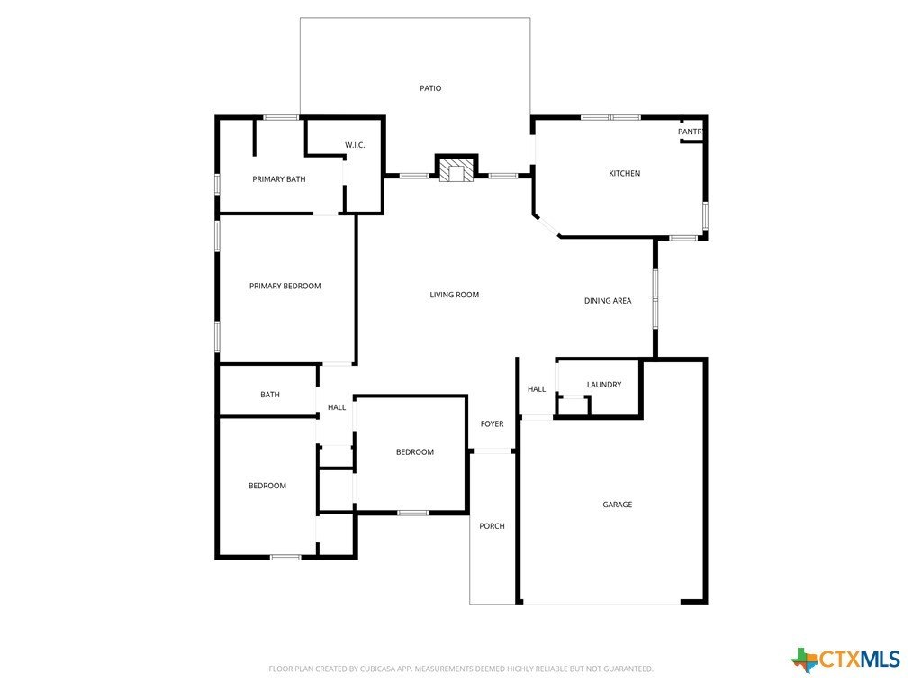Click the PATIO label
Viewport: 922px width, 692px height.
point(430,88)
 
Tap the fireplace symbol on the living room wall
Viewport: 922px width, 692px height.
point(456,170)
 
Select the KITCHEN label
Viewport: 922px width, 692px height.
point(624,173)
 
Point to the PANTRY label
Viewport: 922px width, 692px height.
point(690,132)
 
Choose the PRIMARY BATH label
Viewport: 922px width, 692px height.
point(278,179)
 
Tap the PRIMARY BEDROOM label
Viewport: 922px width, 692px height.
point(285,286)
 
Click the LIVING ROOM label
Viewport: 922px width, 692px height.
point(454,295)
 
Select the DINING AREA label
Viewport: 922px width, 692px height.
point(608,301)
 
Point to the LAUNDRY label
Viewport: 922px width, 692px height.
point(603,385)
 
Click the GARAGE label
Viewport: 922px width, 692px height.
point(617,505)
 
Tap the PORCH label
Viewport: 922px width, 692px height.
point(492,526)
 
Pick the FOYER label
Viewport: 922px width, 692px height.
point(492,423)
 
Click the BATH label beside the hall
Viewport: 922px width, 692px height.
point(269,395)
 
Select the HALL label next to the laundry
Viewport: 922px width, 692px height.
point(537,389)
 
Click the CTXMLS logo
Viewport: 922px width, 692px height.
point(845,660)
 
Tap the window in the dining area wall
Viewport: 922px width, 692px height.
point(655,298)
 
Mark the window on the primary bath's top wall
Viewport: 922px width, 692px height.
point(281,117)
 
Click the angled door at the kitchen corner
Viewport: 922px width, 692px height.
point(546,226)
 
